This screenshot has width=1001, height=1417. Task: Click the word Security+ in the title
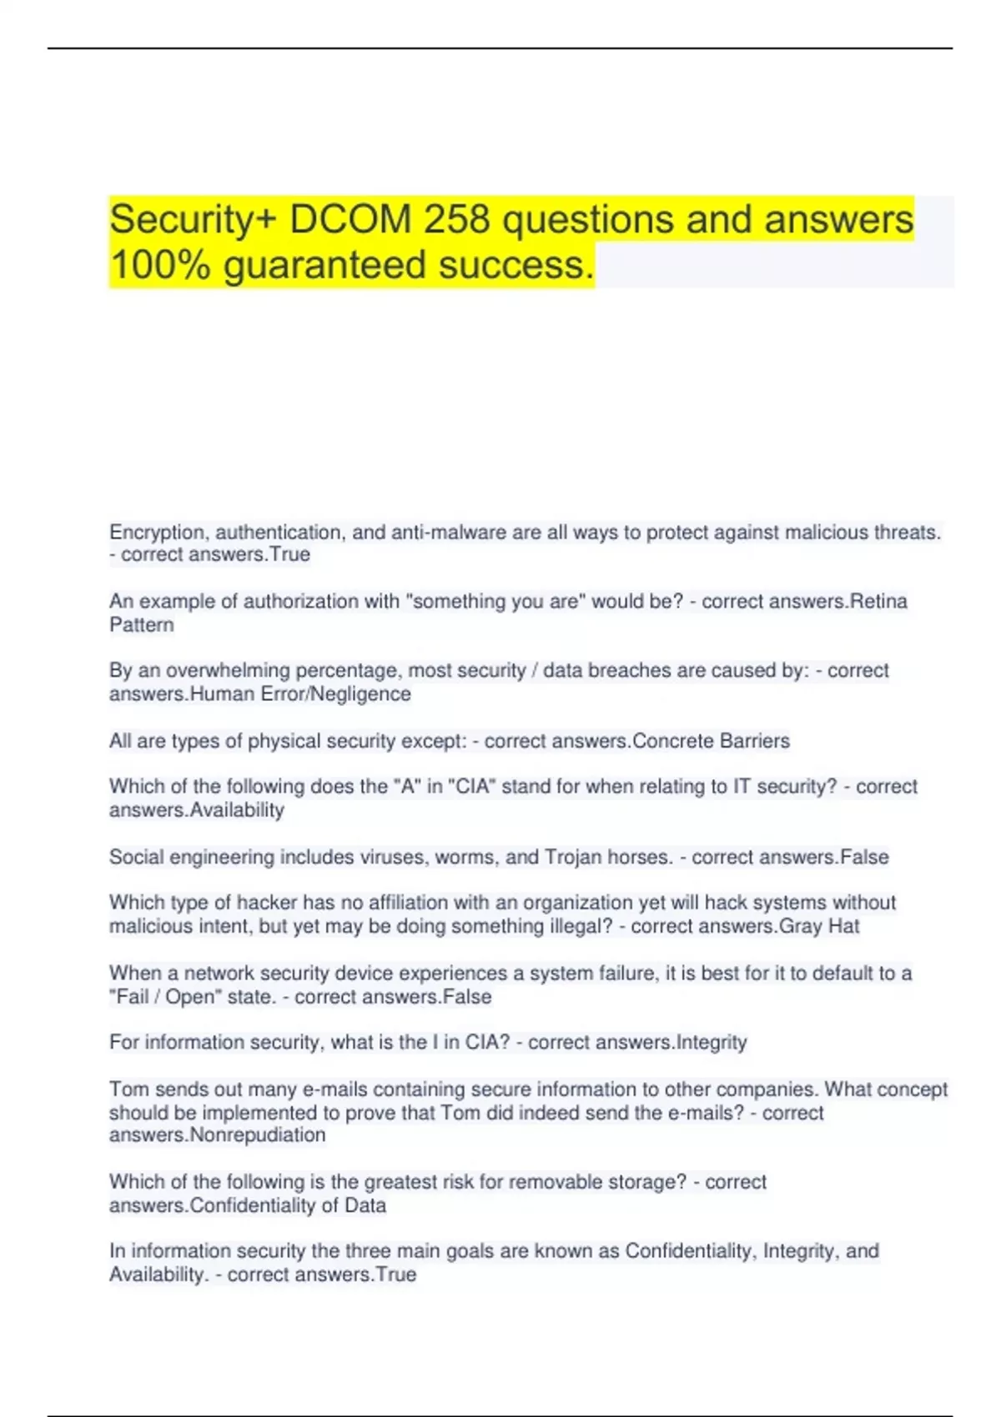[194, 220]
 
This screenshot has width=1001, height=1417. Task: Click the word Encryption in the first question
[158, 533]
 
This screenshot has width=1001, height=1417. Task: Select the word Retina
[878, 602]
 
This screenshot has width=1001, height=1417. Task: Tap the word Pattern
[142, 625]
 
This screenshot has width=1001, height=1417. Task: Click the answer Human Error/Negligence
[301, 694]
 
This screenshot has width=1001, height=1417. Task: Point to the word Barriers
[755, 741]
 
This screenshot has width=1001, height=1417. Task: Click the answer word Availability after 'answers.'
[238, 810]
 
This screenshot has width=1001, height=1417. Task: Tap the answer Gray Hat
[819, 926]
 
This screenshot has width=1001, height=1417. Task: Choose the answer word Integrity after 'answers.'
[712, 1043]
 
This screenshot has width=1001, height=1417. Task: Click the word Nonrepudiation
[258, 1135]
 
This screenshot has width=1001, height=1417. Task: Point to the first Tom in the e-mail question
[128, 1089]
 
